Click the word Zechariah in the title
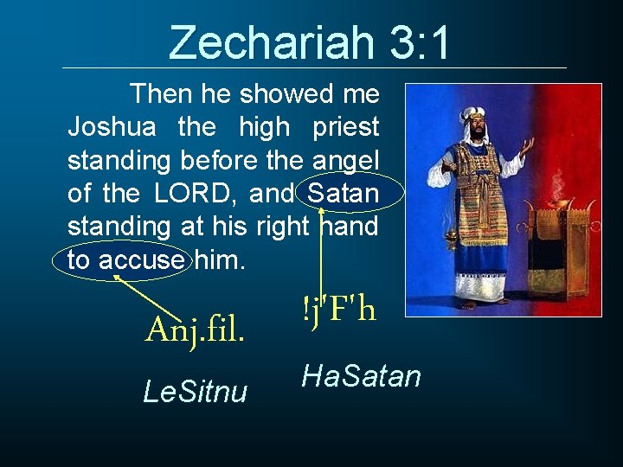click(271, 42)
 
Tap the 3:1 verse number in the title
click(420, 42)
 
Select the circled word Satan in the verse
click(343, 194)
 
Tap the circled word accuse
click(140, 259)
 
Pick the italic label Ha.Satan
click(361, 376)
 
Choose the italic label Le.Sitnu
click(195, 393)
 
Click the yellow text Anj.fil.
click(194, 329)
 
